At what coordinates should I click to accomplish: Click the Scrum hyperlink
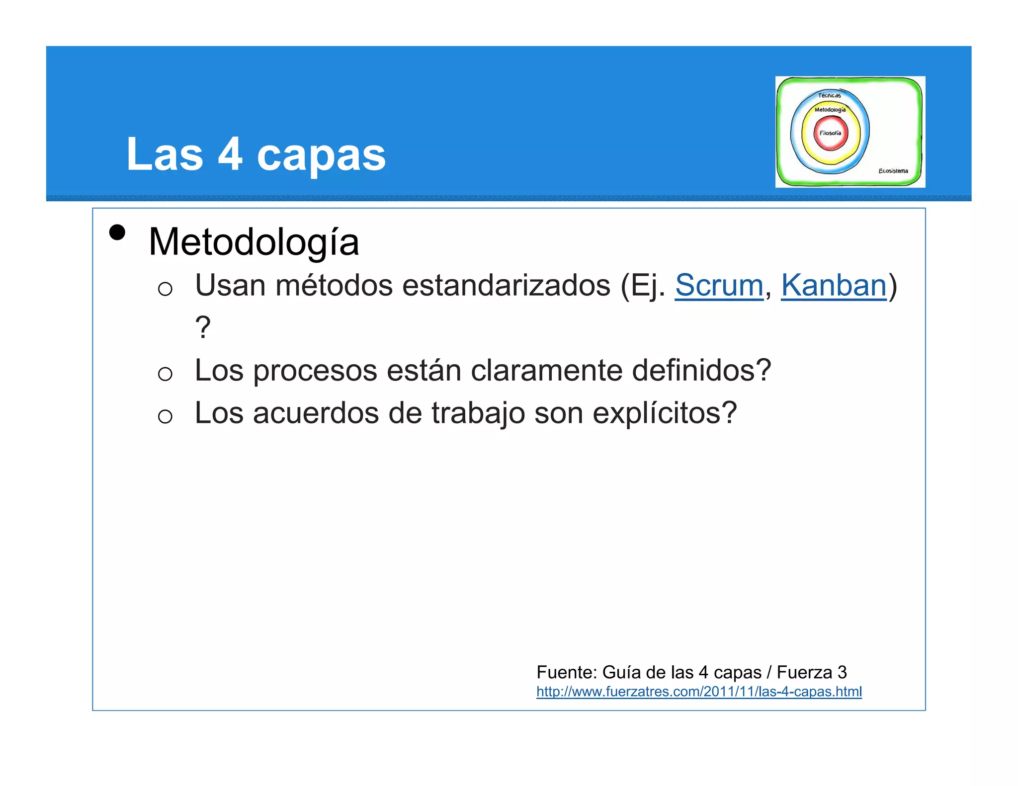tap(718, 286)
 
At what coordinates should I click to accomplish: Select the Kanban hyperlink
tap(834, 286)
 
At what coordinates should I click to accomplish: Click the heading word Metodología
tap(254, 242)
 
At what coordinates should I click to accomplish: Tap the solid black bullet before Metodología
tap(117, 232)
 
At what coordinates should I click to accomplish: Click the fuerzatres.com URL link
tap(698, 692)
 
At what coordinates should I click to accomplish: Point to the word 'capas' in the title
tap(321, 155)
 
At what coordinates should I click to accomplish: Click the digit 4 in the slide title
tap(230, 154)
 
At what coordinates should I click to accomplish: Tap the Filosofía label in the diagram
tap(830, 133)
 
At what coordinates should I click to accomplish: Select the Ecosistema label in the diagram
tap(893, 171)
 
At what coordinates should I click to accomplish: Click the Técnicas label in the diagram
tap(829, 95)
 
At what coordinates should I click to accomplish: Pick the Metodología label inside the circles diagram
tap(830, 110)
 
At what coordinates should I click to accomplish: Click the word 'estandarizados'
tap(506, 286)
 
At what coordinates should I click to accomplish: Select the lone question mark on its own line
tap(203, 328)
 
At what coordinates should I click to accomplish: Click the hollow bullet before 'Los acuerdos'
tap(165, 416)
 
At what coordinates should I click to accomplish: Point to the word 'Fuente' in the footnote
tap(566, 672)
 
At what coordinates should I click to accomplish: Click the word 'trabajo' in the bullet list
tap(478, 413)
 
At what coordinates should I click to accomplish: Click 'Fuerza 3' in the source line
tap(811, 672)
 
